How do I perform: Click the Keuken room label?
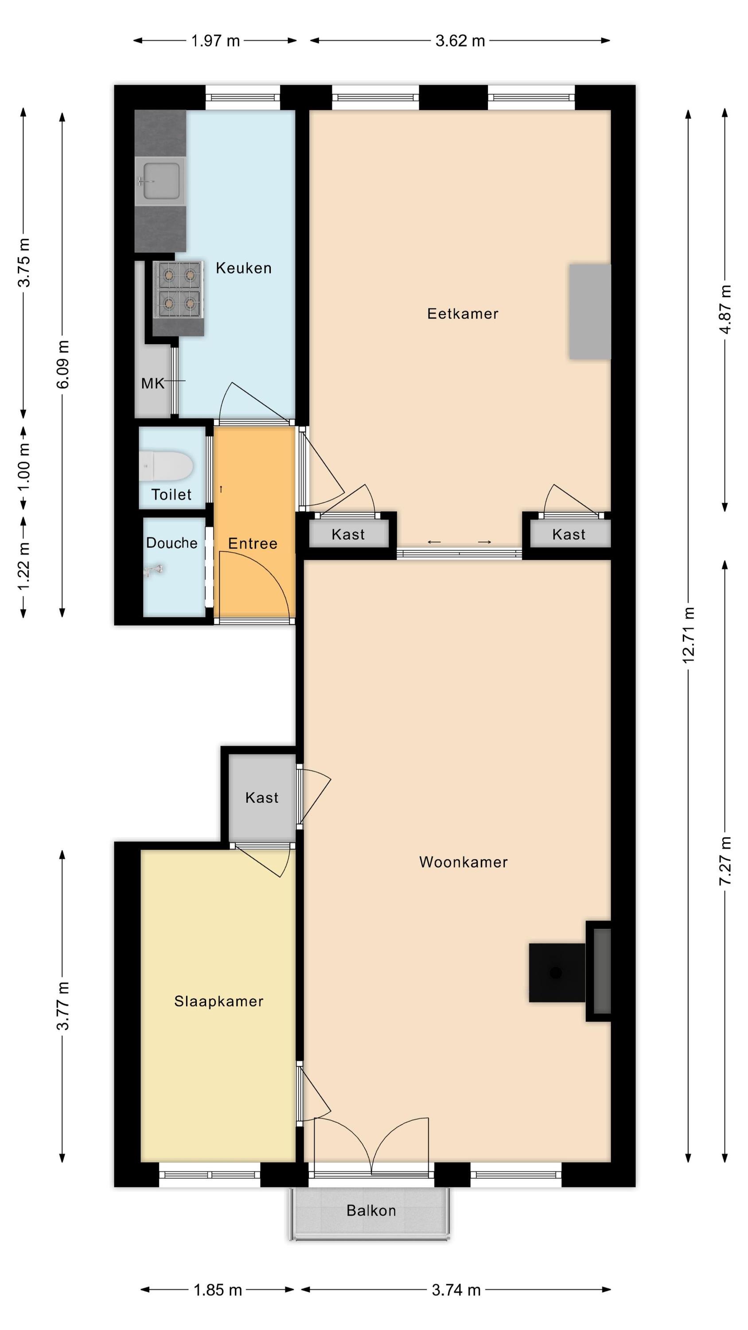pos(243,268)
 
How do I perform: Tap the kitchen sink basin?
pos(161,181)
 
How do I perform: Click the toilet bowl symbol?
pos(166,466)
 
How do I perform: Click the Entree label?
pos(253,543)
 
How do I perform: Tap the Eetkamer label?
pos(463,313)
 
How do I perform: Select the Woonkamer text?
pos(463,862)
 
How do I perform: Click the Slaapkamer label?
pos(219,1001)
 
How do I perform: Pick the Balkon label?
pos(371,1210)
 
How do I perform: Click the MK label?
pos(153,383)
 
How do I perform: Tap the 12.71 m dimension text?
pos(688,634)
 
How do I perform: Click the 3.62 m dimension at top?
pos(460,41)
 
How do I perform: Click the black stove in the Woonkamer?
pos(557,973)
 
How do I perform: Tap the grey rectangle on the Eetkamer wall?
pos(590,311)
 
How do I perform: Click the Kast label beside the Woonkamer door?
pos(262,798)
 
